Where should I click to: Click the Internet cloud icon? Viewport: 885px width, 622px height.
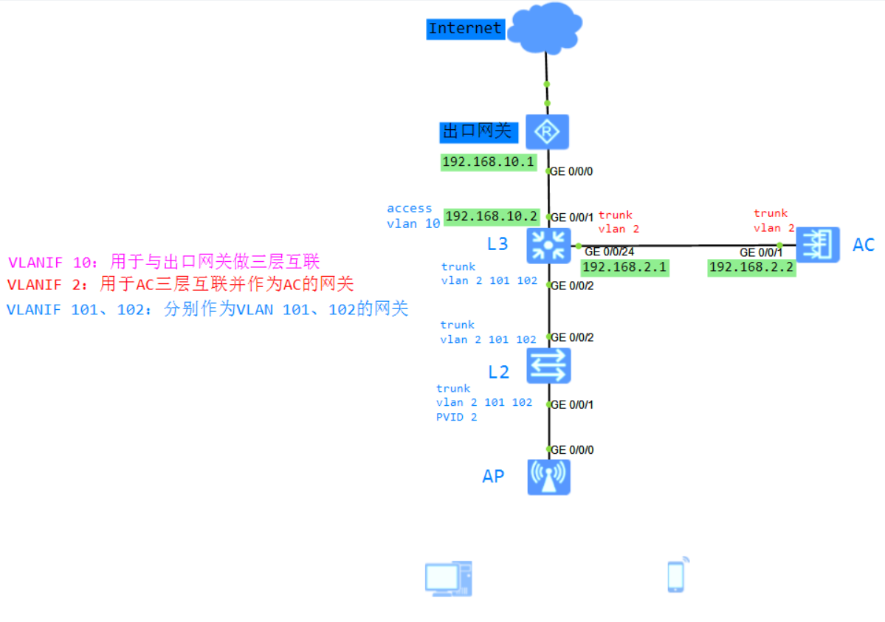(545, 27)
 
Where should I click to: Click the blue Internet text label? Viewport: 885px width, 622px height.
(465, 29)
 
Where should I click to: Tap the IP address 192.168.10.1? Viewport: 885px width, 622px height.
(488, 162)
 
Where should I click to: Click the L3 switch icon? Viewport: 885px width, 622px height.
(548, 245)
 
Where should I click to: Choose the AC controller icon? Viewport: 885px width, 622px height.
(818, 244)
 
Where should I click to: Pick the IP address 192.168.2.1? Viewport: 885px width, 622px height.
(624, 267)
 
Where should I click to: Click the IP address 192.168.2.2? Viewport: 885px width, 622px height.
(751, 267)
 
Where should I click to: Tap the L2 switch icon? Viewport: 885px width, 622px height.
(548, 365)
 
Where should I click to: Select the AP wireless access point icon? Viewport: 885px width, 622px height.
(548, 476)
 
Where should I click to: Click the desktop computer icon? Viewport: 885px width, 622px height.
(448, 578)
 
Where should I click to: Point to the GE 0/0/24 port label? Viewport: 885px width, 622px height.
(609, 252)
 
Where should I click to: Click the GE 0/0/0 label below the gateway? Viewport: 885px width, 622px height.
(571, 171)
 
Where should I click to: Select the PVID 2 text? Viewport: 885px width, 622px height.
(456, 418)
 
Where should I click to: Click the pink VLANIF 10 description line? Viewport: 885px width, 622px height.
(163, 262)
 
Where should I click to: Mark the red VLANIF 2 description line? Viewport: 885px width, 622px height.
(180, 284)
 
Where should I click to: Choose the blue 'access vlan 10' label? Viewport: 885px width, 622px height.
(412, 216)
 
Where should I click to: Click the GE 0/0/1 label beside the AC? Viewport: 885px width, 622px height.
(761, 252)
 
